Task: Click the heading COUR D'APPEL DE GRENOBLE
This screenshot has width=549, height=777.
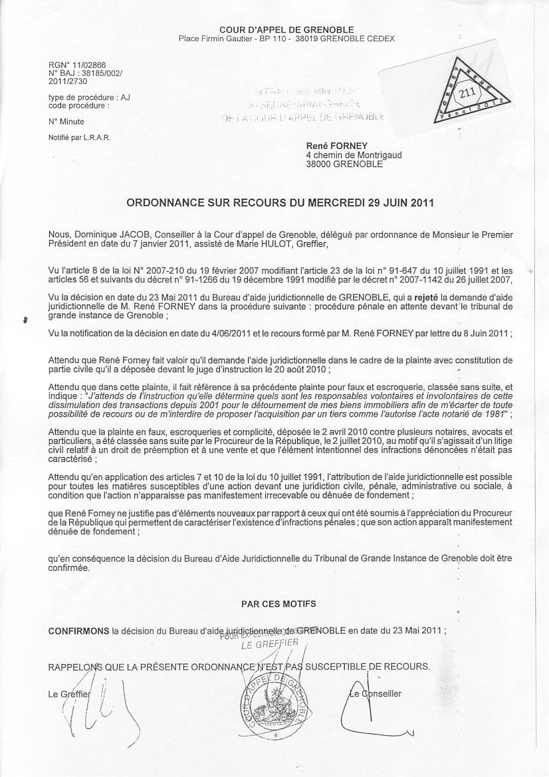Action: click(x=286, y=29)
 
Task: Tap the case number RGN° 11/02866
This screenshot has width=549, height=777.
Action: click(x=70, y=66)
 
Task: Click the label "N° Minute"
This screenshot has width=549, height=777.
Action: click(x=66, y=122)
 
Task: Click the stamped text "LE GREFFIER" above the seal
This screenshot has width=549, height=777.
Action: click(x=265, y=645)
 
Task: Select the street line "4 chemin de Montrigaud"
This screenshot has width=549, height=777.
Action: click(x=353, y=155)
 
